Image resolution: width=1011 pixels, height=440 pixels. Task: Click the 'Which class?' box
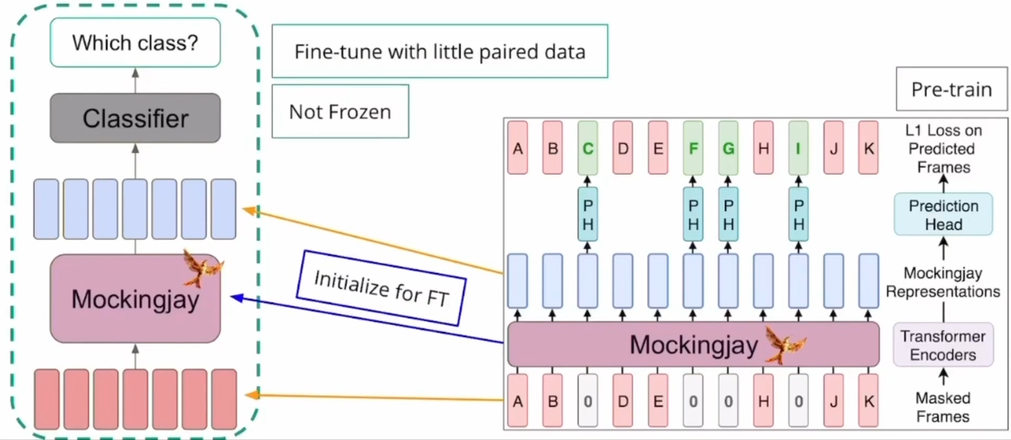click(x=135, y=42)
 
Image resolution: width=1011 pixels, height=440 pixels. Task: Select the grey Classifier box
click(x=135, y=118)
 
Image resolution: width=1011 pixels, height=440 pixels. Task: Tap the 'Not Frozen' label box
click(x=340, y=112)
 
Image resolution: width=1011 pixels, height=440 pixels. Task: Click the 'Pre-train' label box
click(x=951, y=89)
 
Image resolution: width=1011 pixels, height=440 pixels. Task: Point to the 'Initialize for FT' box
click(x=381, y=288)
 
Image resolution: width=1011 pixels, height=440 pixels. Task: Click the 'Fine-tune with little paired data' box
click(x=439, y=51)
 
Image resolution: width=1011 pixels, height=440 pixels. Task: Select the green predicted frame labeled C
click(x=588, y=148)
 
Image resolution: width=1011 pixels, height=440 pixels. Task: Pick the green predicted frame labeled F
click(x=693, y=148)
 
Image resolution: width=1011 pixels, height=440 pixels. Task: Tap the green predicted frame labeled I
click(x=798, y=148)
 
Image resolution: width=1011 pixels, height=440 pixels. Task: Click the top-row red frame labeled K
click(x=868, y=148)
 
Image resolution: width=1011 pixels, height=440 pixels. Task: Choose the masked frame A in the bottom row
click(x=517, y=401)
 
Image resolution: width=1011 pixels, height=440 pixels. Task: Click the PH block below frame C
click(x=588, y=215)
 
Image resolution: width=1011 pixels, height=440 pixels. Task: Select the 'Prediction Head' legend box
click(x=943, y=214)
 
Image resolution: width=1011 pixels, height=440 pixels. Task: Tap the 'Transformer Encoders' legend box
click(x=943, y=345)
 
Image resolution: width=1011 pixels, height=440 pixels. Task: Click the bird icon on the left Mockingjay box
click(x=202, y=267)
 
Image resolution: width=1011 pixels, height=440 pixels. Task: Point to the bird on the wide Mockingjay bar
click(x=784, y=345)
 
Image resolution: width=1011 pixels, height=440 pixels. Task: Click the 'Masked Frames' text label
click(x=943, y=407)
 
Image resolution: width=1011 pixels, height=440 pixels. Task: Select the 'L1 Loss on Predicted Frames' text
click(x=943, y=148)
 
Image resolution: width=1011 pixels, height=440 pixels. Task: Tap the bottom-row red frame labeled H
click(x=763, y=401)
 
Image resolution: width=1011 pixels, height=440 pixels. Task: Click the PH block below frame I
click(x=798, y=215)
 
